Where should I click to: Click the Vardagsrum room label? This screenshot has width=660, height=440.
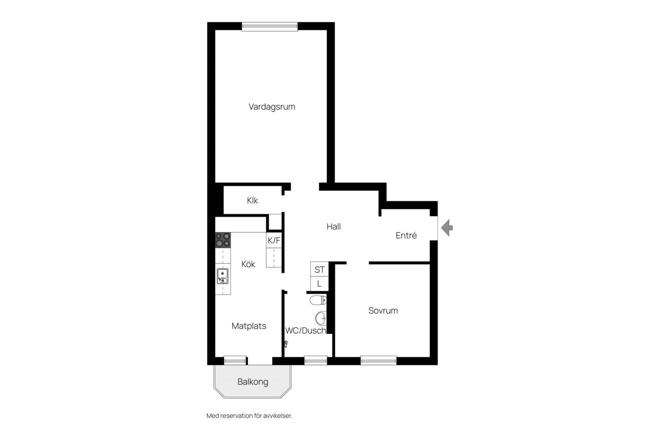(272, 107)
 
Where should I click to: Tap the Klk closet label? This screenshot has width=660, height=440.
(253, 200)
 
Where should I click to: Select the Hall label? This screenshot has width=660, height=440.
(334, 227)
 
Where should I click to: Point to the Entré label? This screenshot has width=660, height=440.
(406, 235)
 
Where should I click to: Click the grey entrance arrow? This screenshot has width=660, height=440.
(447, 228)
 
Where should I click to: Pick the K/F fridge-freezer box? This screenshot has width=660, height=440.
(274, 240)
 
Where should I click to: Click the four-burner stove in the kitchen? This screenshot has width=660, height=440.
(223, 240)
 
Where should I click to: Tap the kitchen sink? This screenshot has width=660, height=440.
(222, 276)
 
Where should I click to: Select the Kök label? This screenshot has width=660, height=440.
(248, 264)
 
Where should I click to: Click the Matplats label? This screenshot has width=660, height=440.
(249, 326)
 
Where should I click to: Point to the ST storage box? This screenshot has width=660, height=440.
(319, 269)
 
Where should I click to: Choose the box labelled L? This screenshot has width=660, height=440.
(319, 284)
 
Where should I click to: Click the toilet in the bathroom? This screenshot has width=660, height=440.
(318, 300)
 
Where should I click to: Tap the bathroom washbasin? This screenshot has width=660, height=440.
(321, 318)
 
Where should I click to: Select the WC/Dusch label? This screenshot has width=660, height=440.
(306, 331)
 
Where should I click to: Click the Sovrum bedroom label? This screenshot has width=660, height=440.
(383, 310)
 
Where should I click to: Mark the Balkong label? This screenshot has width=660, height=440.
(253, 382)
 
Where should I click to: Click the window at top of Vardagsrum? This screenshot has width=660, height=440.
(270, 26)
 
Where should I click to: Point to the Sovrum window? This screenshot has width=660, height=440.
(378, 361)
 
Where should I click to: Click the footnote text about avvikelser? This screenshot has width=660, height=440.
(249, 416)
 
